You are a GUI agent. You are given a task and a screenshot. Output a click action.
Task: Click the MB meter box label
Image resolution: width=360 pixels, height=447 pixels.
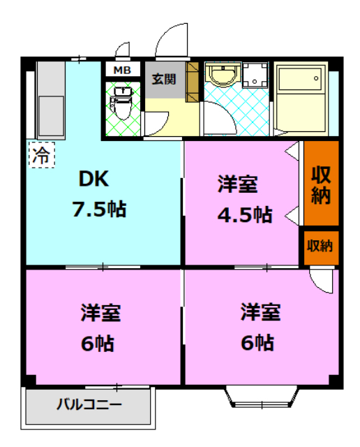121,70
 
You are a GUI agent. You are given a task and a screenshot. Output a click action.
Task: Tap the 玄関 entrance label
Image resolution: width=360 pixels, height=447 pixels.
165,79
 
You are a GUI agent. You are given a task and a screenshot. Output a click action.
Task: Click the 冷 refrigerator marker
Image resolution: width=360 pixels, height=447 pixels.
40,154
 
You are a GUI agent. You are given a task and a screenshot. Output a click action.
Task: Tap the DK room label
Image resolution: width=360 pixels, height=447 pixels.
93,179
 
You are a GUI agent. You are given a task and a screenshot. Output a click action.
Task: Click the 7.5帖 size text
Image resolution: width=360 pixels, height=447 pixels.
99,208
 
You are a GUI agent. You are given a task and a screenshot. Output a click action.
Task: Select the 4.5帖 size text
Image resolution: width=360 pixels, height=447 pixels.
243,214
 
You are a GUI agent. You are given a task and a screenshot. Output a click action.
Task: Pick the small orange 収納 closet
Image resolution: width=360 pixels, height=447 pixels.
320,246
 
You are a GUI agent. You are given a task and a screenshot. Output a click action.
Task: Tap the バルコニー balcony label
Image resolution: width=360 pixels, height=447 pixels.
89,404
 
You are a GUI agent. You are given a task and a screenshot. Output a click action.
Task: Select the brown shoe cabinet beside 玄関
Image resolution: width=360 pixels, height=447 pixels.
193,82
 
